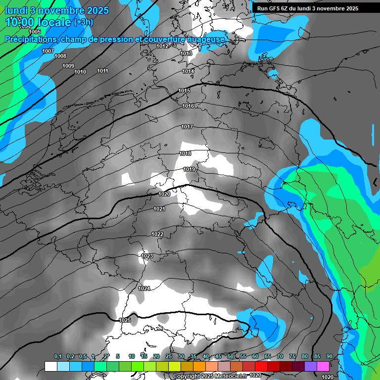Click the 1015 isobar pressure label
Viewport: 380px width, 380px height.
click(x=184, y=91)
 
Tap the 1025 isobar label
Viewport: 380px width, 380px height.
click(x=125, y=320)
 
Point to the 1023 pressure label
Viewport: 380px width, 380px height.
click(x=147, y=256)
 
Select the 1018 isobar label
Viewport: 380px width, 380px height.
click(x=185, y=154)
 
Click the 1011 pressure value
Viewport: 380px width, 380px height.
click(x=102, y=71)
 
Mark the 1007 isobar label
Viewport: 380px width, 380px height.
click(x=48, y=51)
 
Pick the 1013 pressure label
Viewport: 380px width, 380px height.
click(x=186, y=53)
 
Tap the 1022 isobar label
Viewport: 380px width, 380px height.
click(x=157, y=234)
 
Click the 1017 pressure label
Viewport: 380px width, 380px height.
click(x=187, y=127)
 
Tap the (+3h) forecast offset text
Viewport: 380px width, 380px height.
click(x=82, y=23)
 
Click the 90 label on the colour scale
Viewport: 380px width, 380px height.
click(x=329, y=356)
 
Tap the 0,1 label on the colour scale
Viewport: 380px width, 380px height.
click(x=58, y=356)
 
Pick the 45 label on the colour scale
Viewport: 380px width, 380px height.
click(x=218, y=356)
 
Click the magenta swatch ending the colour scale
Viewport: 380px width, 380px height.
click(x=323, y=366)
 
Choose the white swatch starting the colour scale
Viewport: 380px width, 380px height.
click(x=50, y=366)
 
